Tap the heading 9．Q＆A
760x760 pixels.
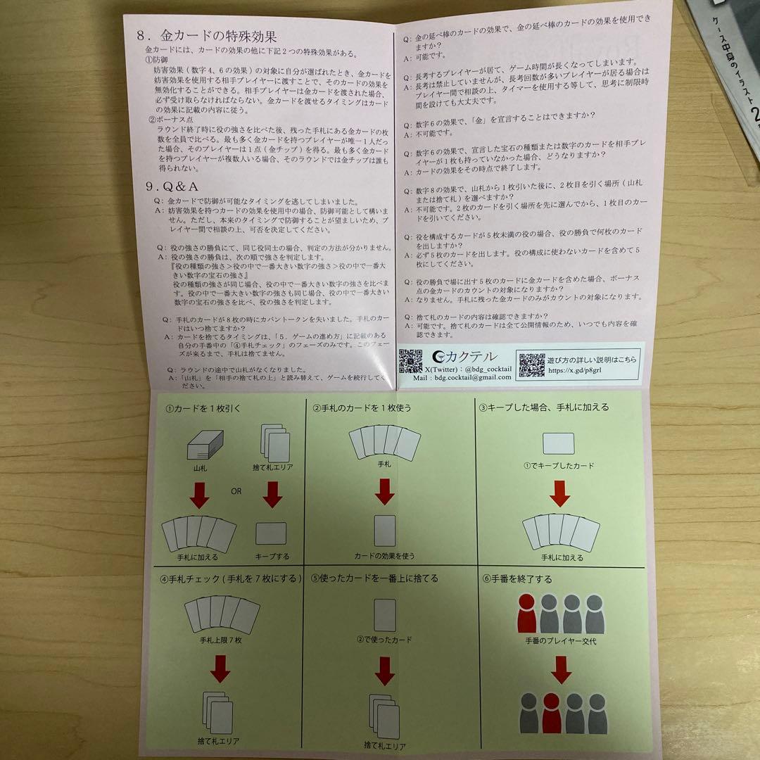point(172,186)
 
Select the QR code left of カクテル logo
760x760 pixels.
point(412,362)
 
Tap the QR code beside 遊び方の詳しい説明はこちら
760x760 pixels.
point(531,365)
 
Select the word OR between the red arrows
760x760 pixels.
point(236,491)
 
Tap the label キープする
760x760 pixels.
point(271,557)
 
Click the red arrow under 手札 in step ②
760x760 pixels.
point(384,490)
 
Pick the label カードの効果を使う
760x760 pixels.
point(384,557)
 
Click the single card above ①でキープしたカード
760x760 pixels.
point(559,443)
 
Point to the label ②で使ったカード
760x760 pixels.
point(384,640)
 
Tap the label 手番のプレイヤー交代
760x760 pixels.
point(560,642)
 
